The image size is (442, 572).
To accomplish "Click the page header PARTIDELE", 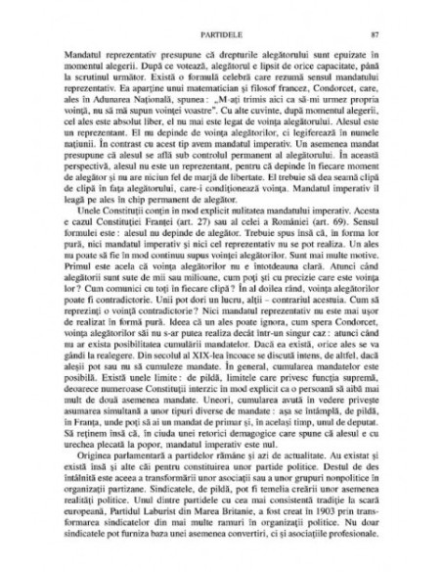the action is click(x=219, y=36).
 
